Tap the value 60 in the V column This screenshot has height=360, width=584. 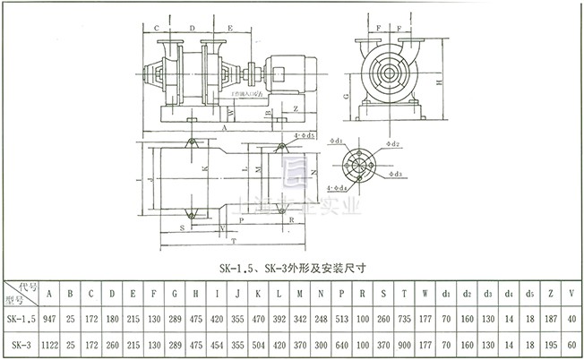(x=571, y=343)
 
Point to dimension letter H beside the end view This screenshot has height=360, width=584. (x=438, y=81)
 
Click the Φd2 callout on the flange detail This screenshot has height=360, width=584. (x=392, y=144)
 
